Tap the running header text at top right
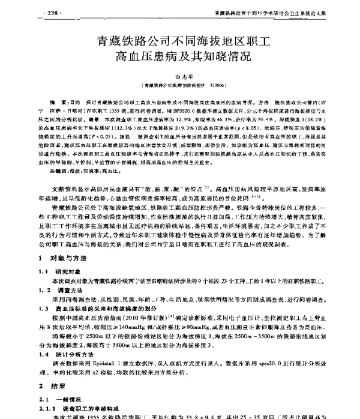pyautogui.click(x=265, y=11)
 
